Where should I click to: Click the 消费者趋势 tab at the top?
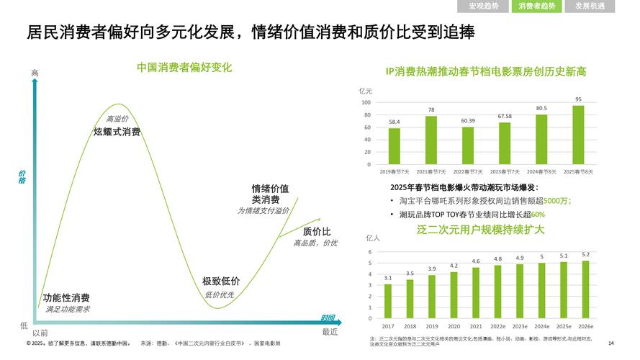[537, 6]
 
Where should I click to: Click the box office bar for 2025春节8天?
[578, 135]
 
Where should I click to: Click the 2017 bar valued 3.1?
[388, 301]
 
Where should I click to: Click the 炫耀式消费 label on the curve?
[117, 132]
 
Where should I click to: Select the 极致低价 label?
[220, 282]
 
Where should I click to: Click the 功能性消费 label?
[66, 298]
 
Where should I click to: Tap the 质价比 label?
[317, 231]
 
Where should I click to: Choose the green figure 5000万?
[557, 201]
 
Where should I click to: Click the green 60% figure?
[538, 215]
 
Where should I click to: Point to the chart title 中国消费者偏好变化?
[184, 68]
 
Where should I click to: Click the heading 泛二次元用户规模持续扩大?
[480, 230]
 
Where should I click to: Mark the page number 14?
[611, 343]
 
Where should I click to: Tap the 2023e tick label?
[520, 326]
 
